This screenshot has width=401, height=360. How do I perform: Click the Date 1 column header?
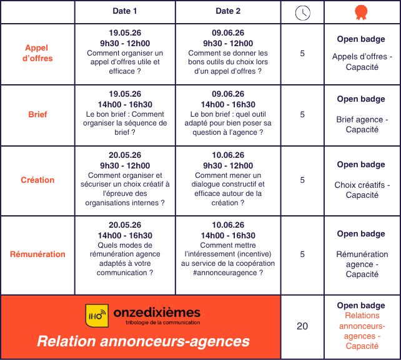(125, 11)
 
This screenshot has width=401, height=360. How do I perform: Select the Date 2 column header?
(228, 11)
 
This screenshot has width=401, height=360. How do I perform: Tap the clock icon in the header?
(302, 12)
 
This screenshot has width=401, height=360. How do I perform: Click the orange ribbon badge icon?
(361, 12)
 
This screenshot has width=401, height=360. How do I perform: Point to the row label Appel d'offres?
(37, 53)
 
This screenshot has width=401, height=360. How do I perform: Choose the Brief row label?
(37, 114)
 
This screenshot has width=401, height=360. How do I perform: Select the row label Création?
(37, 180)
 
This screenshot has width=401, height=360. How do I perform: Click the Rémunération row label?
(37, 254)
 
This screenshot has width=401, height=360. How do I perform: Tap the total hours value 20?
(302, 326)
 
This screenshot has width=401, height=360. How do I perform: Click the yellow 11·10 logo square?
(97, 316)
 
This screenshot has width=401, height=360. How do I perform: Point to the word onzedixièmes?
(157, 313)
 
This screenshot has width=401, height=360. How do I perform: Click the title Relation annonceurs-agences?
(143, 341)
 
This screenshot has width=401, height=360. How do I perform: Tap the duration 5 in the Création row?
(302, 180)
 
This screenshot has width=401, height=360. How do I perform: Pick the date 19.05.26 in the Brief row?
(125, 94)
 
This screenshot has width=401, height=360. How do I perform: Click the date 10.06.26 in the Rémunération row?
(228, 225)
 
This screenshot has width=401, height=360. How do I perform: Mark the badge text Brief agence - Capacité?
(362, 124)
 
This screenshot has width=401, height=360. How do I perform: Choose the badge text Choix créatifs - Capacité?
(362, 190)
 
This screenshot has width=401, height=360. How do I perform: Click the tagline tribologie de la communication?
(162, 323)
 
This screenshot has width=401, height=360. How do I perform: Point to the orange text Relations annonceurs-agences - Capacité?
(362, 331)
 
